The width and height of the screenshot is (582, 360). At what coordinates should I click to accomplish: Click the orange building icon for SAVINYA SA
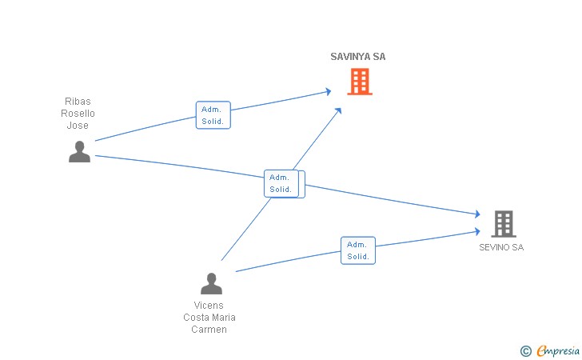pos(360,82)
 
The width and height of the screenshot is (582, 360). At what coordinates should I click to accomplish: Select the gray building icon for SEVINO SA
pos(504,224)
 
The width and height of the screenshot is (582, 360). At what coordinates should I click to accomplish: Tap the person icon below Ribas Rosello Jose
pos(79,151)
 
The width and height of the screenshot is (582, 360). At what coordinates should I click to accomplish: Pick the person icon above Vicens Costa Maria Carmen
pos(211,284)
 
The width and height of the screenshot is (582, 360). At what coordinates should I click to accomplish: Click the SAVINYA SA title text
pos(358,57)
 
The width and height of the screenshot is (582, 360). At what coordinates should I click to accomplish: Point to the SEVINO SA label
pos(501,247)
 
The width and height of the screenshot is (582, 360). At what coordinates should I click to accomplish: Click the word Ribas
pos(78,102)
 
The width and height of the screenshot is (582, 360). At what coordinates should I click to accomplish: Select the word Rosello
pos(78,114)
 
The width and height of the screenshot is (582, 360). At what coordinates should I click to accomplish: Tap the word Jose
pos(78,126)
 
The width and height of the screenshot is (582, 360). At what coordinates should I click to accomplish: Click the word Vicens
pos(209,306)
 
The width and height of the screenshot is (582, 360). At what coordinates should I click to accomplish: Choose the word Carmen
pos(209,330)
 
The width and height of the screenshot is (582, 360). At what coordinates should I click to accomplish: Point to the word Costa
pos(197,318)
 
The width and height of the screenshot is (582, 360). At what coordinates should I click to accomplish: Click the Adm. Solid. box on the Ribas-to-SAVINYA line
pos(213,115)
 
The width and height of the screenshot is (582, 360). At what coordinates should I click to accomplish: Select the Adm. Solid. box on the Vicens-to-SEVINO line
pos(358,250)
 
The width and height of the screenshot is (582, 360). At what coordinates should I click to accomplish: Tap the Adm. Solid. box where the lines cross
pos(284,184)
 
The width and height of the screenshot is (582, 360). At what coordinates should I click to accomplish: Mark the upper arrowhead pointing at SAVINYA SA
pos(328,91)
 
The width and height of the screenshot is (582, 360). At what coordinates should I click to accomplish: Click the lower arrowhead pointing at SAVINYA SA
pos(338,110)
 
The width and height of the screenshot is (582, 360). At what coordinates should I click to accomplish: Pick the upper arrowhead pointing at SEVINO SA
pos(477,214)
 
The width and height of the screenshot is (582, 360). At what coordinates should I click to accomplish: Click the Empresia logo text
pos(558,350)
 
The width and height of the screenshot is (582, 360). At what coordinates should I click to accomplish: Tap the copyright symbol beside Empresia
pos(526,351)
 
